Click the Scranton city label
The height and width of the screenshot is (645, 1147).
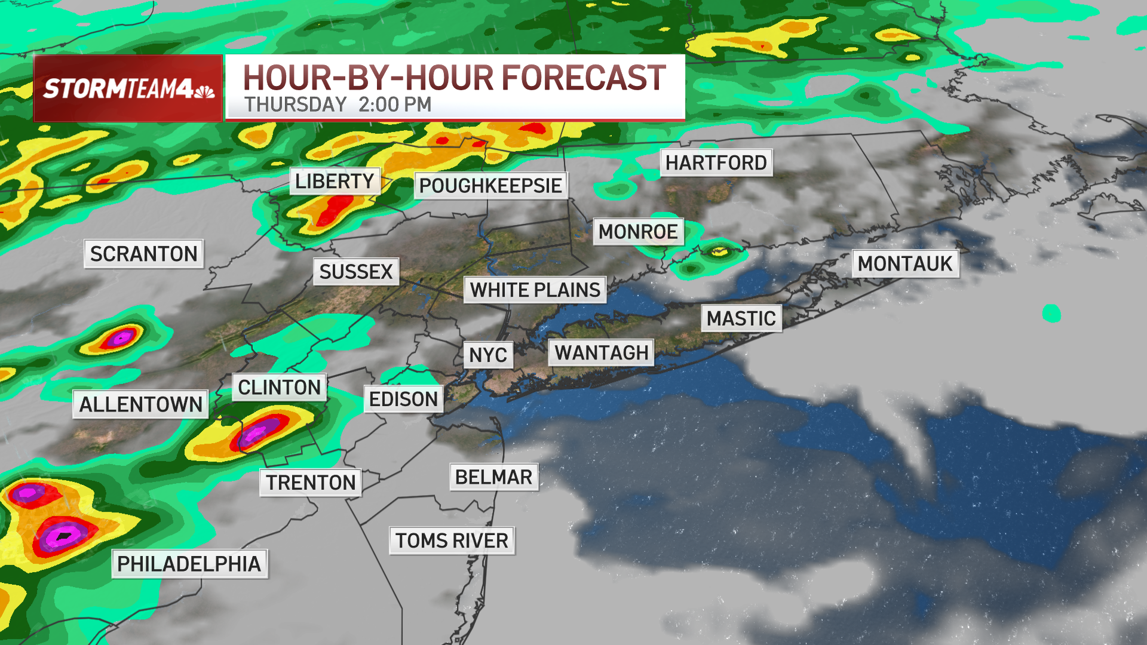[x=143, y=254]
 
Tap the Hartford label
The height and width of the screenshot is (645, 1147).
[x=716, y=162]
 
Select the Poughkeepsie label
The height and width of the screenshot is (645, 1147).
[x=490, y=186]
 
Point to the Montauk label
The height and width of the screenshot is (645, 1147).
[x=905, y=263]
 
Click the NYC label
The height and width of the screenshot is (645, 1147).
[x=488, y=355]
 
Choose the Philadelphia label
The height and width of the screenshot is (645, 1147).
[x=189, y=564]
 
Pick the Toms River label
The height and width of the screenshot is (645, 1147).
[x=452, y=540]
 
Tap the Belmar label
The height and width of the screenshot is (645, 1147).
[x=493, y=477]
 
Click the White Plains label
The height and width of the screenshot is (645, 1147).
[x=535, y=290]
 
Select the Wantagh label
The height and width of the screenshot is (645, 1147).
[x=601, y=353]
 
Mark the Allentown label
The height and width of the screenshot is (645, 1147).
[x=140, y=404]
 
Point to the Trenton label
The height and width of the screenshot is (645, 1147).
[x=311, y=483]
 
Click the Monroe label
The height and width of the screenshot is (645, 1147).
[x=638, y=232]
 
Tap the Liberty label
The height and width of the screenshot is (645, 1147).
[x=335, y=181]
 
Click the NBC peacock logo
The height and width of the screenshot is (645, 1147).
[x=204, y=91]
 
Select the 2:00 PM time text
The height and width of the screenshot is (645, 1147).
[x=395, y=105]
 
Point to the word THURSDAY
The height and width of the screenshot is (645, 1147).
[x=296, y=105]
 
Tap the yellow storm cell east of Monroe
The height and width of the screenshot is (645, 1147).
[x=719, y=251]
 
